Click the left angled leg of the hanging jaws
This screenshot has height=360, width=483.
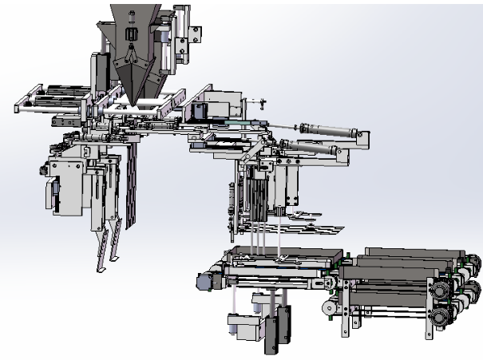(x=101, y=251)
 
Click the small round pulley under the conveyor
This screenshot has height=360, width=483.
(x=327, y=307)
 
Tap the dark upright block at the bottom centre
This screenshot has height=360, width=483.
(x=276, y=326)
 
